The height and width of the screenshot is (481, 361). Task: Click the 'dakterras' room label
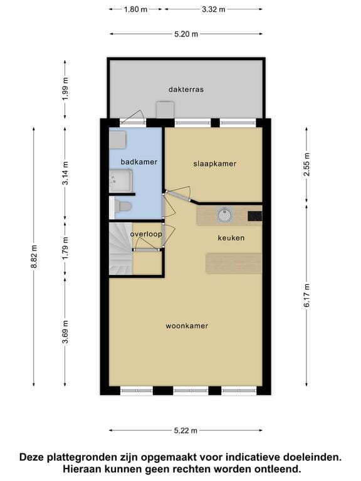(x=186, y=90)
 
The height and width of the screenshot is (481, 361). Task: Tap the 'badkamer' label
(x=139, y=162)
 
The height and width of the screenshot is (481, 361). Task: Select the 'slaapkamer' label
(x=215, y=164)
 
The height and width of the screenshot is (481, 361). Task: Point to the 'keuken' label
(x=231, y=238)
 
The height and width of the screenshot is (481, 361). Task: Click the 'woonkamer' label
(x=187, y=326)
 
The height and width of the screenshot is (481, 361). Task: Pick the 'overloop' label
(x=146, y=234)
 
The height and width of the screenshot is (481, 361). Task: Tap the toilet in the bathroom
(x=123, y=207)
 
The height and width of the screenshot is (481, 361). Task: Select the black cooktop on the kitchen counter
(x=255, y=217)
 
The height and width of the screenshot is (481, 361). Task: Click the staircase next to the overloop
(x=120, y=249)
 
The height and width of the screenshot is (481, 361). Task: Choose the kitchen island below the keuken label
(x=234, y=263)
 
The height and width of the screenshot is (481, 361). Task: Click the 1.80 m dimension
(x=135, y=9)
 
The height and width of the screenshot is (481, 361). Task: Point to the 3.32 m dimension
(x=214, y=9)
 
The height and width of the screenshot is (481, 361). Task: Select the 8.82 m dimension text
(x=34, y=256)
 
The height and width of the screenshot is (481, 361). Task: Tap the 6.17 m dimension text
(x=307, y=296)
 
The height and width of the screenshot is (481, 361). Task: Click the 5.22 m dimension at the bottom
(x=186, y=431)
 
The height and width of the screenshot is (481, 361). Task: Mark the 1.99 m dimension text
(x=65, y=89)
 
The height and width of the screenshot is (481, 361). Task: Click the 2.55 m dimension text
(x=306, y=164)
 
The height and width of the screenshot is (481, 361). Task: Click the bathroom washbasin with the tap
(x=121, y=181)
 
